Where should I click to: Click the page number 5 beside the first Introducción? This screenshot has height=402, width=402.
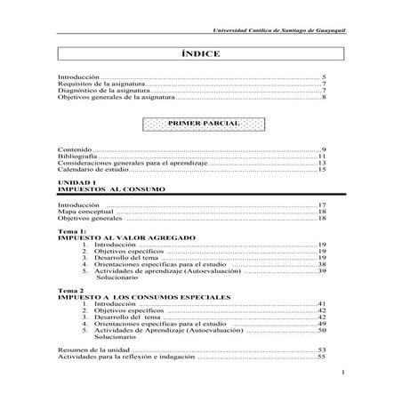pyautogui.click(x=325, y=78)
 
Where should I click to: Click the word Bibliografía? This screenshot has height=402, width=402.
pyautogui.click(x=76, y=156)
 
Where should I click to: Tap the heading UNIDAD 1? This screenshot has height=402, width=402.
pyautogui.click(x=74, y=181)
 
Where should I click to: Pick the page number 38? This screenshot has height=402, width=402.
pyautogui.click(x=323, y=264)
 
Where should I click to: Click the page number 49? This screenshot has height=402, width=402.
pyautogui.click(x=323, y=324)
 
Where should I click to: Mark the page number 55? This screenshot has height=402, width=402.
pyautogui.click(x=322, y=357)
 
